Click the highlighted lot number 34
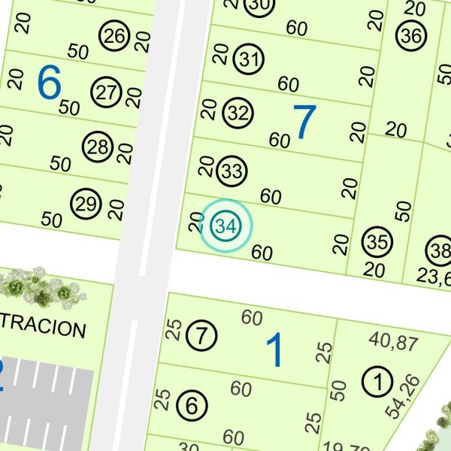[225, 225]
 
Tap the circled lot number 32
[238, 114]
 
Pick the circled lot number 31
[248, 58]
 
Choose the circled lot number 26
[114, 35]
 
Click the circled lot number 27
[106, 92]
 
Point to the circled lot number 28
[98, 147]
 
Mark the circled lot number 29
[86, 203]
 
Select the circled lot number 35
[376, 242]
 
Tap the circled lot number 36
[410, 35]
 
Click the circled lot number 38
[439, 249]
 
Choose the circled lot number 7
[201, 334]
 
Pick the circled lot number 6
[192, 407]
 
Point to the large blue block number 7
[304, 122]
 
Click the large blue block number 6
[49, 83]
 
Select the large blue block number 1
[275, 350]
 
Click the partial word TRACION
[43, 329]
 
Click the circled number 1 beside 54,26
[376, 381]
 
